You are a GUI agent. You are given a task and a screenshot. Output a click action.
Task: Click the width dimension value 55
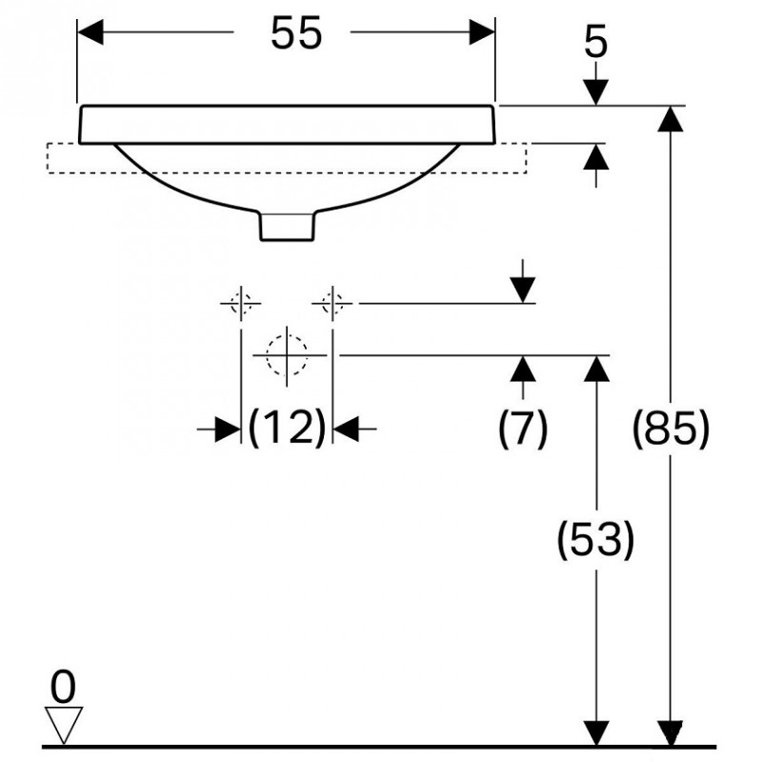(296, 32)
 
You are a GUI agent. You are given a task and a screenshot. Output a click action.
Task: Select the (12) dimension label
(287, 428)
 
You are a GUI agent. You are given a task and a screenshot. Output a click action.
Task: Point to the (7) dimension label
(523, 428)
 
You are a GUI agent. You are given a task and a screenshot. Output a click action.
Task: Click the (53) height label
(596, 539)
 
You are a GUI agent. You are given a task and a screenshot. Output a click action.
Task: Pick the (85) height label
(671, 428)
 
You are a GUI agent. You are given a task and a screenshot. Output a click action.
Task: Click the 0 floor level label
(63, 687)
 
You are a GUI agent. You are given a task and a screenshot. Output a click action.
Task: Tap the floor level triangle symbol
(64, 725)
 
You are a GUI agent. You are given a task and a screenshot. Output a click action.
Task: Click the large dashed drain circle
(287, 354)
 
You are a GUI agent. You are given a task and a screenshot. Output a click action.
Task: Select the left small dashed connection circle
(241, 303)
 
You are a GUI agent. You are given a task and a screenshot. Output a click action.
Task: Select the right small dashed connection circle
(331, 303)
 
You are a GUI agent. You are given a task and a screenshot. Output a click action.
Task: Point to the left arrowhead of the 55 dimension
(90, 32)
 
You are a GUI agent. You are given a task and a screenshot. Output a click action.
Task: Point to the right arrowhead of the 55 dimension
(482, 32)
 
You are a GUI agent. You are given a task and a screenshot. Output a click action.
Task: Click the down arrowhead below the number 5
(596, 91)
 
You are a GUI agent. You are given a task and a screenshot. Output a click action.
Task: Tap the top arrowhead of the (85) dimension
(671, 118)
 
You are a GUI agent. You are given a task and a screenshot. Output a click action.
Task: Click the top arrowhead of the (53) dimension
(596, 369)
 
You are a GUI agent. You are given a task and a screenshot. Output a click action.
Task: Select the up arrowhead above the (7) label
(523, 369)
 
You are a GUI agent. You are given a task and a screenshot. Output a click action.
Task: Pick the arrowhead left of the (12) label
(228, 430)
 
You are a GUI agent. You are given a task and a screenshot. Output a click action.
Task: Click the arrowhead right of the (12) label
(346, 430)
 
